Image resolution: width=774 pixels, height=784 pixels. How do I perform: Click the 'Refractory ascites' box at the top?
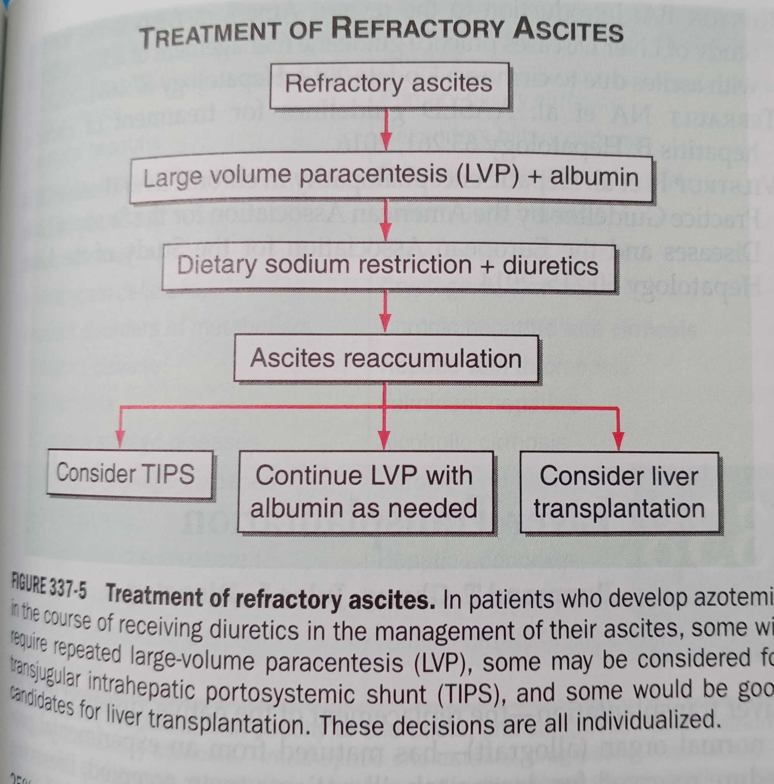click(389, 85)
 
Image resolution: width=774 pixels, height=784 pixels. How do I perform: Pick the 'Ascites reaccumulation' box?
click(386, 358)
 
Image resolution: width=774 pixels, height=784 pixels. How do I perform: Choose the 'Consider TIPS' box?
click(129, 474)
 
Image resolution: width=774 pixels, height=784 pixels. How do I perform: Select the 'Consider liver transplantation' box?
click(619, 492)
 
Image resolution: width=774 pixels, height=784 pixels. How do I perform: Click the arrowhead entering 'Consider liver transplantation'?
click(618, 441)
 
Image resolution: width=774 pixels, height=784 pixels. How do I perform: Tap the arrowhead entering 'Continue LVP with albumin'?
click(385, 441)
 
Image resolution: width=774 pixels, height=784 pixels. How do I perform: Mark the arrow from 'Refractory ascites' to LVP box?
click(386, 130)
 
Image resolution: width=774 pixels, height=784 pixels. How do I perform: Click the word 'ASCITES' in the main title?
click(568, 31)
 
